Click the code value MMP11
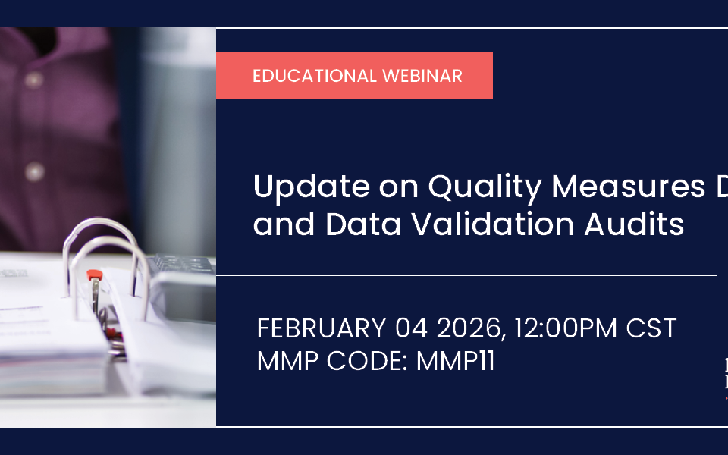coord(456,361)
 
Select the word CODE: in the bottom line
coord(369,361)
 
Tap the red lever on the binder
coord(94,275)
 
